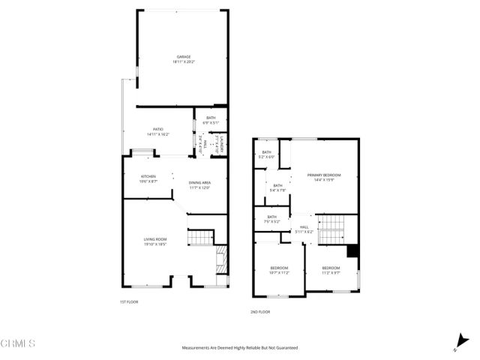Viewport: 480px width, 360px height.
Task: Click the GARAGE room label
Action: (x=184, y=56)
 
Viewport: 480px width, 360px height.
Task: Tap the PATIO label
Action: (x=158, y=129)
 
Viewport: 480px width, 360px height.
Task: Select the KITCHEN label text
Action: (x=148, y=176)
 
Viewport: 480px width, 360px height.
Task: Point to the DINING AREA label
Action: (x=199, y=182)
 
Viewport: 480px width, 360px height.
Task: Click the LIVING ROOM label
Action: (x=154, y=239)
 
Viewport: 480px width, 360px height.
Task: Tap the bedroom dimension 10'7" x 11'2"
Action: (x=279, y=272)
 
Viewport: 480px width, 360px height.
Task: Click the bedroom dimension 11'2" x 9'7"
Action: (x=331, y=272)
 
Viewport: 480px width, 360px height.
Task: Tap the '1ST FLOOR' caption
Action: (x=129, y=301)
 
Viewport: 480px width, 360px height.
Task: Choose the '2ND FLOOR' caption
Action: (x=259, y=312)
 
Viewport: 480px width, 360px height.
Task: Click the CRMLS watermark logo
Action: (x=19, y=344)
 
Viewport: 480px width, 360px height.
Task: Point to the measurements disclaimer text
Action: (x=239, y=347)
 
